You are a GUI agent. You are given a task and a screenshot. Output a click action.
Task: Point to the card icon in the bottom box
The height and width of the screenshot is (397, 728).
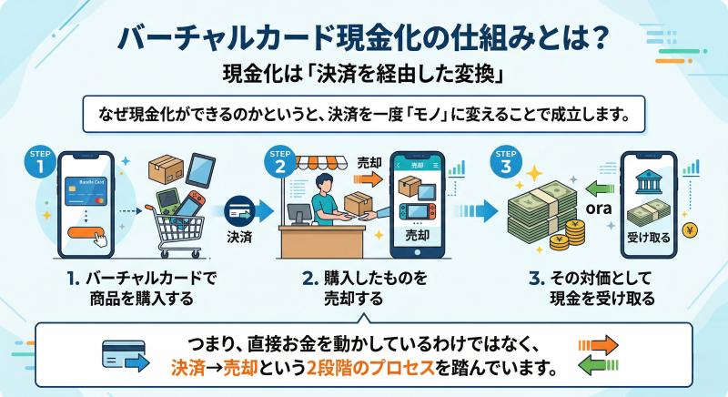coord(121,353)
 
